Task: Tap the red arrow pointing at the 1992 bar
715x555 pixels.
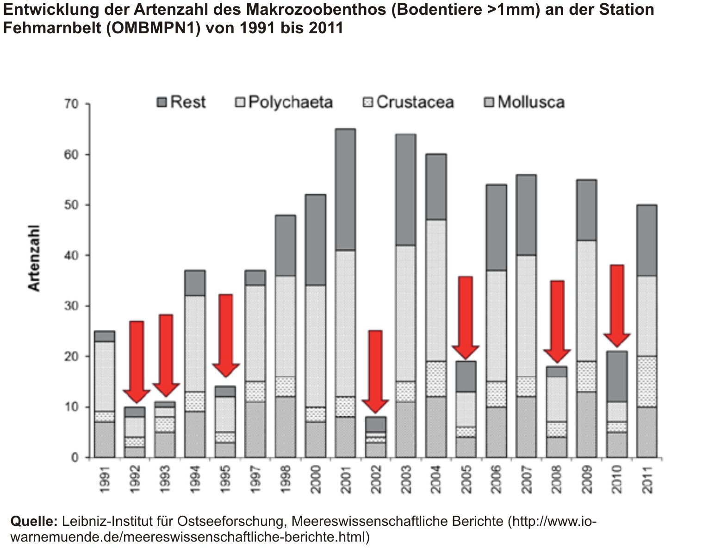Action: [136, 361]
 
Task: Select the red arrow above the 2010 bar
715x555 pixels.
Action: [616, 305]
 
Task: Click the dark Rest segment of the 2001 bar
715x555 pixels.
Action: [345, 190]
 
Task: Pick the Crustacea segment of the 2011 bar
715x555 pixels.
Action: [647, 382]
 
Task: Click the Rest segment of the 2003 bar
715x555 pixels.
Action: [405, 190]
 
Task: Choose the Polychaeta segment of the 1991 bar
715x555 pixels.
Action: [104, 376]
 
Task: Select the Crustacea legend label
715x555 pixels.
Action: [415, 102]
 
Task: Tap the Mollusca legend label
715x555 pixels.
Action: [531, 102]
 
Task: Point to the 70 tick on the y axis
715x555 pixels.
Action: [71, 104]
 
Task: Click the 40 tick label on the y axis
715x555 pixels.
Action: [71, 255]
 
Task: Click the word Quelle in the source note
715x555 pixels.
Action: [34, 521]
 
